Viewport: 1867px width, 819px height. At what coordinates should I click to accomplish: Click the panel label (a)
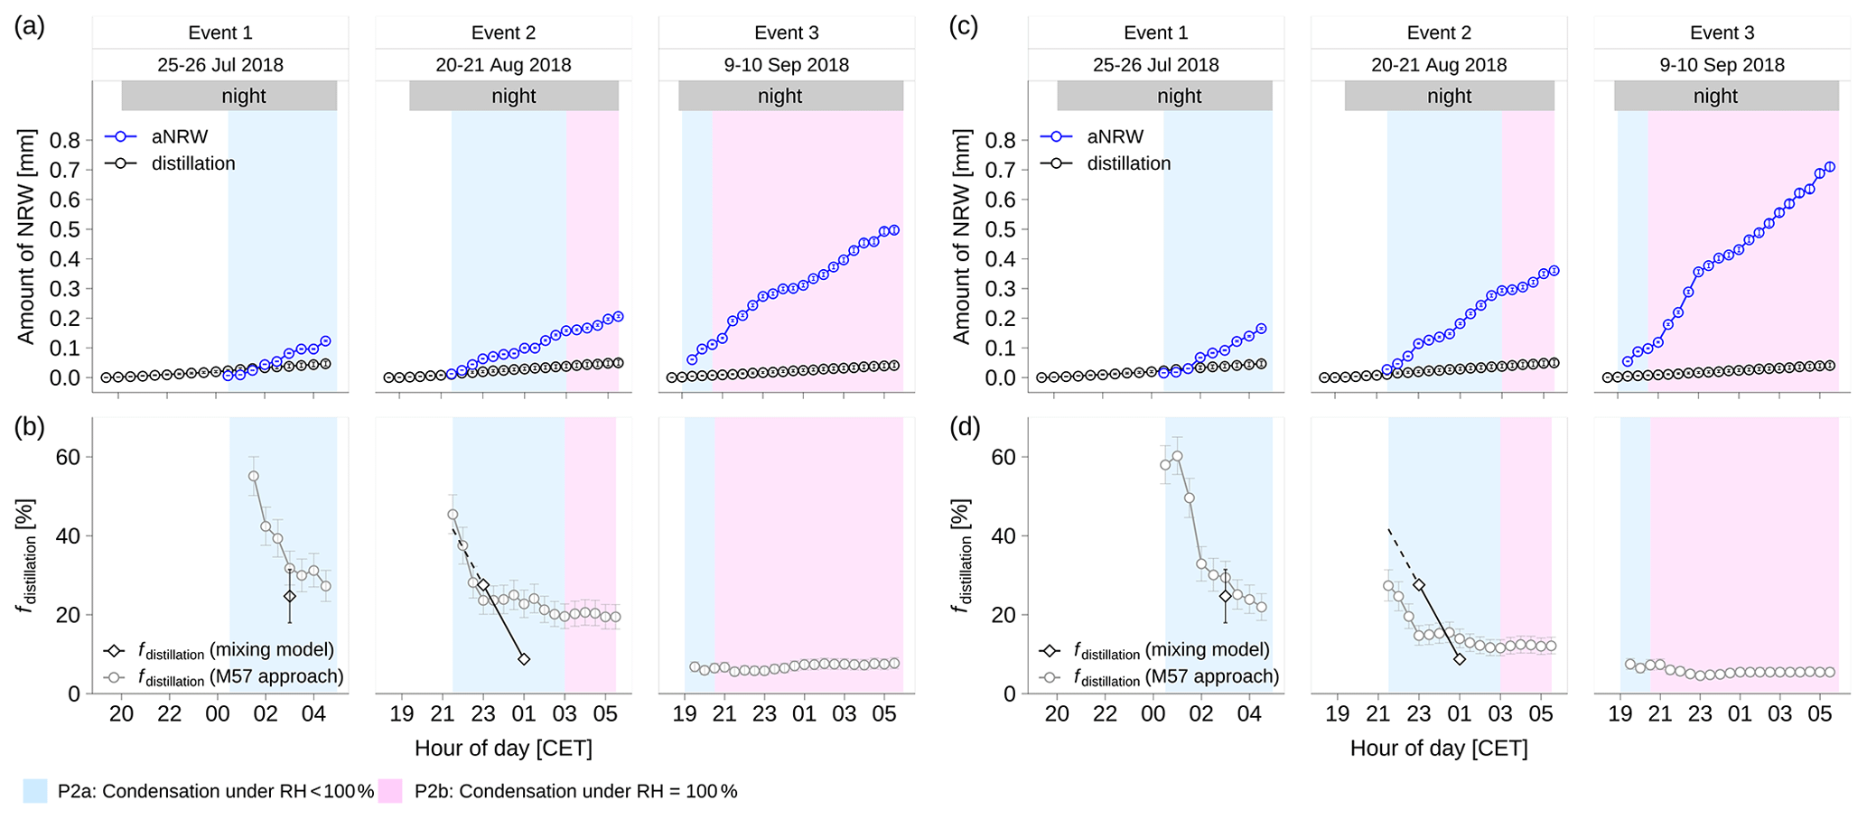(29, 26)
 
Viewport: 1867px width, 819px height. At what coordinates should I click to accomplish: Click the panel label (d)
(965, 427)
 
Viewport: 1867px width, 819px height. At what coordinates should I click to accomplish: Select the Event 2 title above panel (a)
(503, 33)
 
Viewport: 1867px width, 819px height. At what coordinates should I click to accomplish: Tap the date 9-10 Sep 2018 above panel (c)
(1722, 65)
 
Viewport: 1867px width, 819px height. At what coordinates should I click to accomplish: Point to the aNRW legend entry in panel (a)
(179, 137)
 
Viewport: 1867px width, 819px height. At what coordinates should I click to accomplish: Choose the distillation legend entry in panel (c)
(1128, 163)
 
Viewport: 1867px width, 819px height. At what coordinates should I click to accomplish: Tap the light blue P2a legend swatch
(35, 791)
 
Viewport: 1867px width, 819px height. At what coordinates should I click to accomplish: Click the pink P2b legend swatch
(390, 791)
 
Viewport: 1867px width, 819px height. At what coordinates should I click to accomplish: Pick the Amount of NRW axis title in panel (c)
(961, 237)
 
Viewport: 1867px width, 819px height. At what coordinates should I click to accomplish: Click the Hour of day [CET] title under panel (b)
(503, 749)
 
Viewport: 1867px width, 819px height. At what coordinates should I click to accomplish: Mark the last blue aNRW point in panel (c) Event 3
(1830, 167)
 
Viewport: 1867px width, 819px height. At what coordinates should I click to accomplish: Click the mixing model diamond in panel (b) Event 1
(289, 596)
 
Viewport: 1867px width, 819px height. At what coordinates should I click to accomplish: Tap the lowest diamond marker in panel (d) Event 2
(1460, 659)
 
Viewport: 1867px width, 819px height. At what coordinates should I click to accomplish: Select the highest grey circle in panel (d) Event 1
(1177, 457)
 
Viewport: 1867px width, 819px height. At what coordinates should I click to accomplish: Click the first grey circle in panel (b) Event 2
(453, 515)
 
